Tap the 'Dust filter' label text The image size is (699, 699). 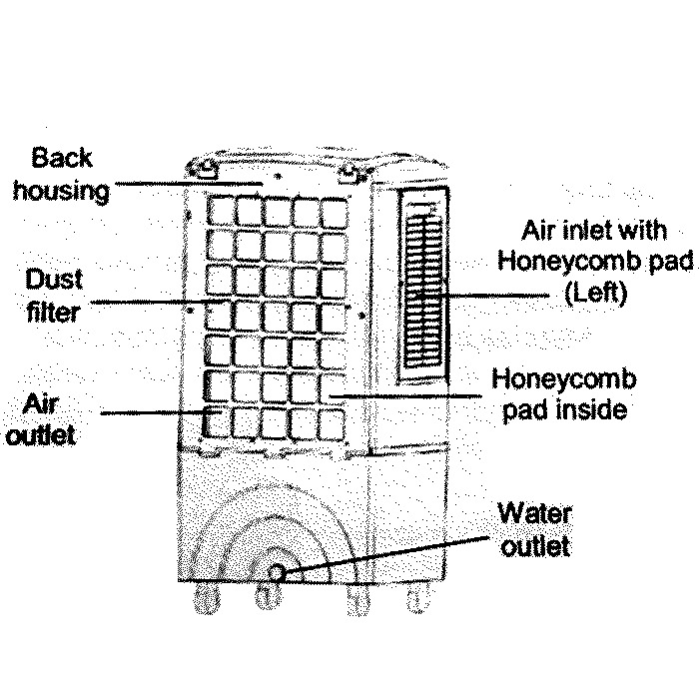(56, 295)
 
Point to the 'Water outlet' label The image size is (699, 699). (534, 530)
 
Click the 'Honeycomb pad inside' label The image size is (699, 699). (565, 394)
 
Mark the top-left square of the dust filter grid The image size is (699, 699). (222, 211)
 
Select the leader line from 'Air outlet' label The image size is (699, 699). (150, 411)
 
